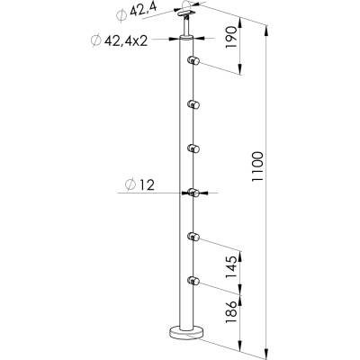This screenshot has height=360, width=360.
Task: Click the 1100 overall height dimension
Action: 257,166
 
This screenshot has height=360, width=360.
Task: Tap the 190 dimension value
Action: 231,38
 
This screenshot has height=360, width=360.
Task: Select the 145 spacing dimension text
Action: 231,267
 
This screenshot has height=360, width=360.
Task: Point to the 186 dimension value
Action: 231,312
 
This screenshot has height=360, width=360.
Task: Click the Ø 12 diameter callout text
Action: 140,185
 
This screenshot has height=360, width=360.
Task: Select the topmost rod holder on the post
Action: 193,60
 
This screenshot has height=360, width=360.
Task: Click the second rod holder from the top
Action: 193,104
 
